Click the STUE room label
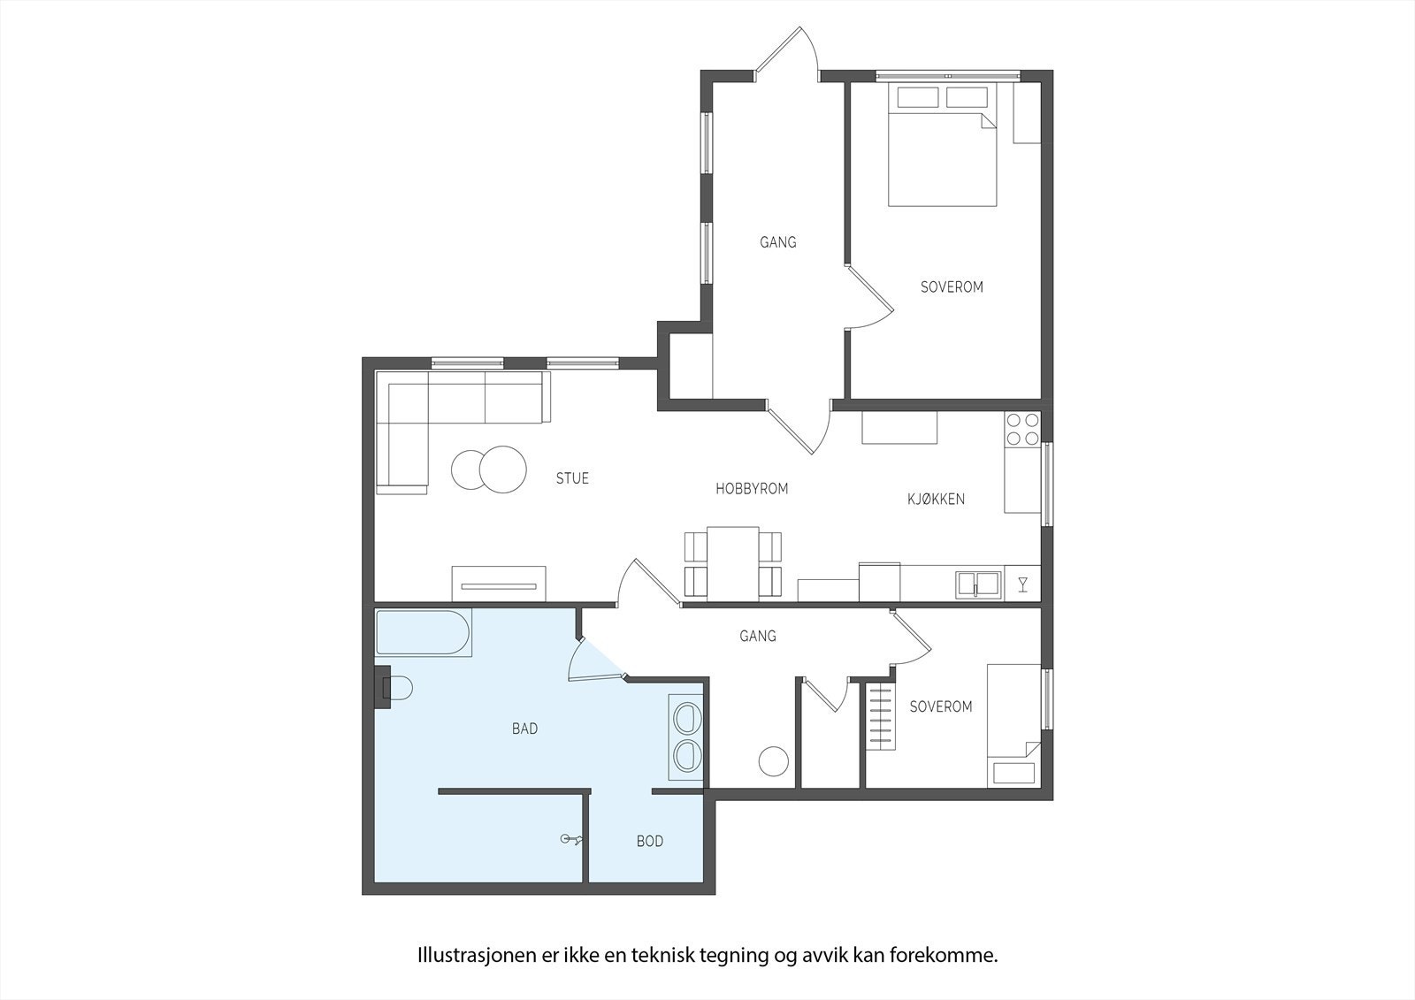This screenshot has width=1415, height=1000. (572, 478)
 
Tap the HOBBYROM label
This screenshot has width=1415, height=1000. (751, 488)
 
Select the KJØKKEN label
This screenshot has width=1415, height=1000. (936, 499)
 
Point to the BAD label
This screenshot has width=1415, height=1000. (524, 729)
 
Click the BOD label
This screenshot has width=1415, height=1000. (649, 841)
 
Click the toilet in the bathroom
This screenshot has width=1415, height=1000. (397, 689)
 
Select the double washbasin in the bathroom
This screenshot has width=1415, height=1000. (686, 738)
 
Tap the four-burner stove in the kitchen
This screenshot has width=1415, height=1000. (1022, 430)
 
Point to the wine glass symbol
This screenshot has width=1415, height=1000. (1023, 584)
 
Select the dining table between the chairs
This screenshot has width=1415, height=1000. (733, 562)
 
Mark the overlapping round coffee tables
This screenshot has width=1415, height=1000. (488, 469)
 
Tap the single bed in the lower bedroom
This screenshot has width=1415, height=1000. (1013, 725)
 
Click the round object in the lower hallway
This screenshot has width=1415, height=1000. (774, 761)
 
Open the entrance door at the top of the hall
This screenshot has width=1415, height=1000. (785, 55)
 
